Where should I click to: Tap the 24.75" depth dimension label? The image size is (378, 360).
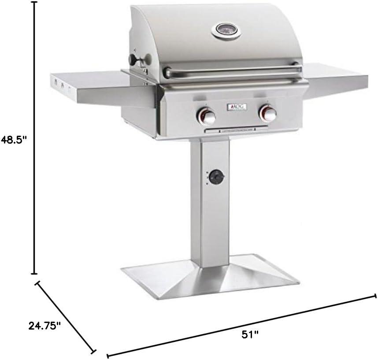click(x=44, y=327)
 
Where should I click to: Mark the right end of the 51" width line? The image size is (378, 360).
click(x=375, y=296)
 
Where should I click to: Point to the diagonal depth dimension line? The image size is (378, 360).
click(x=66, y=316)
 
